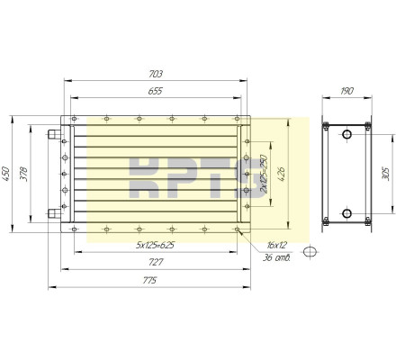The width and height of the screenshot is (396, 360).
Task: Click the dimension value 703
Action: [x=156, y=74]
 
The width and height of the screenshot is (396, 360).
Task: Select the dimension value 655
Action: [x=156, y=91]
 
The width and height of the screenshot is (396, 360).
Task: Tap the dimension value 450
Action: [x=6, y=174]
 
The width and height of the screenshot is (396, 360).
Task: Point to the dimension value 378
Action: [x=23, y=174]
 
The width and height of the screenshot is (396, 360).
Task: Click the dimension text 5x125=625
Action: [x=155, y=246]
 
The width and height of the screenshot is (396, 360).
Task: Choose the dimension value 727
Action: [x=156, y=262]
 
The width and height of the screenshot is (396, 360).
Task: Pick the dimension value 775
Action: [x=149, y=281]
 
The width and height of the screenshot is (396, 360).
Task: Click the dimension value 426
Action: [x=282, y=174]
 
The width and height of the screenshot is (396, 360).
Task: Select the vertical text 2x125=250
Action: [x=264, y=174]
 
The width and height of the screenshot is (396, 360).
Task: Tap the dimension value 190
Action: [x=347, y=91]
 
